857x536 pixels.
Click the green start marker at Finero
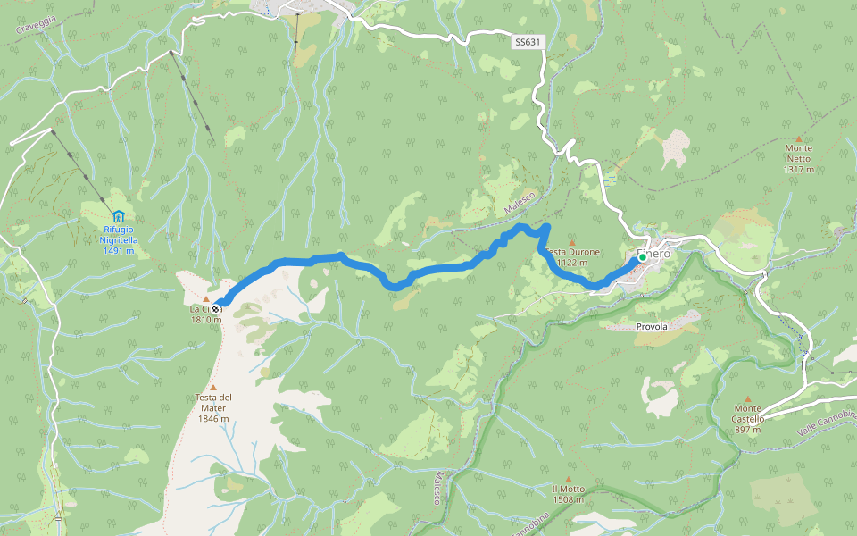coord(642,257)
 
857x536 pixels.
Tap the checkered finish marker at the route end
coord(216,309)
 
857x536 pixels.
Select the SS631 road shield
coord(528,42)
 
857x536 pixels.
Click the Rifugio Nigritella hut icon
coord(118,216)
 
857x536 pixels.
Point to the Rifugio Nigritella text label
coord(118,234)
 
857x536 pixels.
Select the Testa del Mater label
coord(213,402)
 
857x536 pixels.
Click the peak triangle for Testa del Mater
coord(213,387)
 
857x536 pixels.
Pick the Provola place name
coord(652,327)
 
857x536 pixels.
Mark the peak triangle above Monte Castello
coord(748,398)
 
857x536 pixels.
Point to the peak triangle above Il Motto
coord(568,479)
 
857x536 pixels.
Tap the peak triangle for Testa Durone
coord(572,242)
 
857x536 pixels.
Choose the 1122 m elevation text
coord(571,263)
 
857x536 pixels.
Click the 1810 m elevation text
coord(205,320)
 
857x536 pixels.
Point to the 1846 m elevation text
coord(213,419)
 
